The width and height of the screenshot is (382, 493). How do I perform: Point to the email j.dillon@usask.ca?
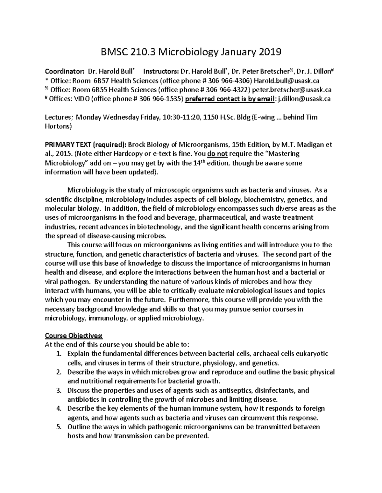(x=304, y=99)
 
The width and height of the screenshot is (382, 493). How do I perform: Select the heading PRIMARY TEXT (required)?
(x=86, y=145)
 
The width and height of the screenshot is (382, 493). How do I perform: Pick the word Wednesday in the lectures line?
(x=119, y=117)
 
